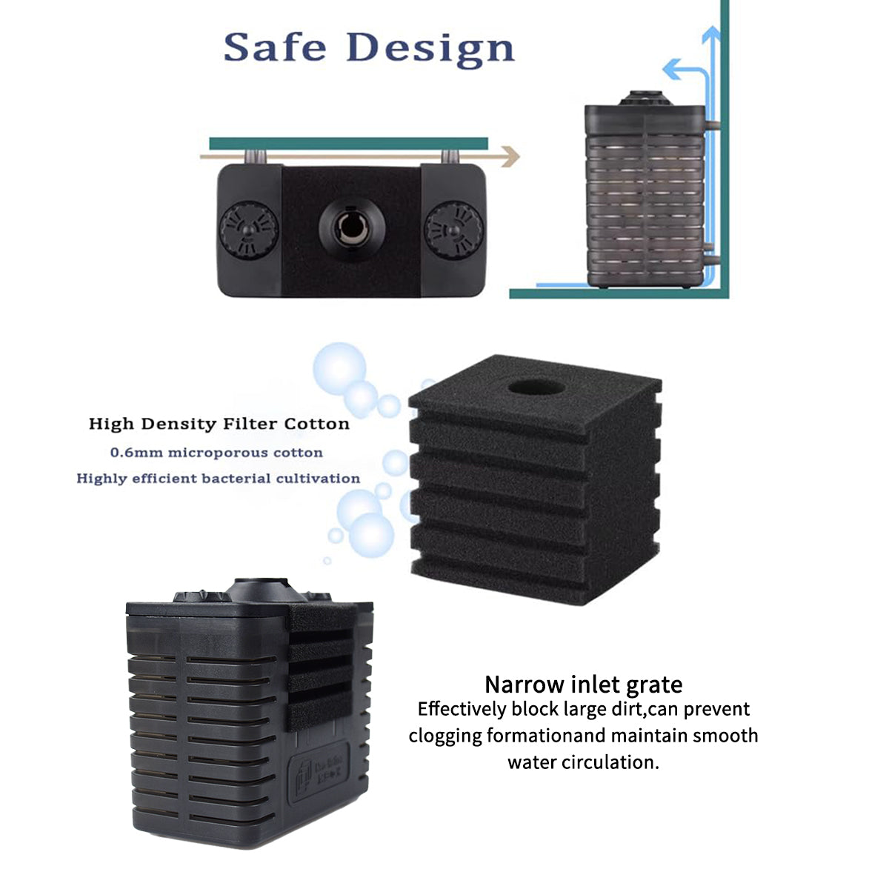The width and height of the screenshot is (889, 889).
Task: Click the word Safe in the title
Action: (x=274, y=47)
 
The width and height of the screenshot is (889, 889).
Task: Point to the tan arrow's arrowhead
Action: (x=510, y=156)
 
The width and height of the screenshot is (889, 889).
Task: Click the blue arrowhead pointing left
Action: (x=670, y=70)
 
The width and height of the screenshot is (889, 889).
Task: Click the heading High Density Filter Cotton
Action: (x=219, y=424)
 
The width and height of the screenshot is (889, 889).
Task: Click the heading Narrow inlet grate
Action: (x=583, y=684)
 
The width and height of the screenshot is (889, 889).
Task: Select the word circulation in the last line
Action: (x=611, y=762)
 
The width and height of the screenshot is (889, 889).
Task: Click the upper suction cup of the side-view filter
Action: (x=710, y=125)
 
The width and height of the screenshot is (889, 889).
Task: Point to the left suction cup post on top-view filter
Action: (x=254, y=156)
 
